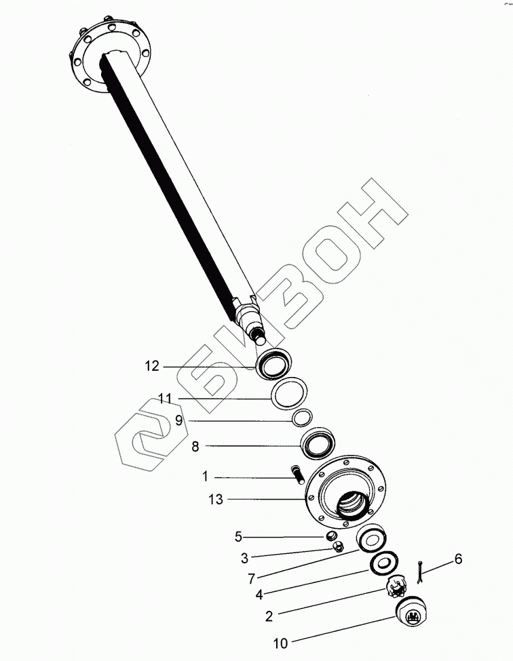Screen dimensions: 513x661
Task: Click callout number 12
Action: pos(151,366)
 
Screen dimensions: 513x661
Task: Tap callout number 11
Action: pos(166,398)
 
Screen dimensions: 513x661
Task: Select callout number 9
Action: pos(179,420)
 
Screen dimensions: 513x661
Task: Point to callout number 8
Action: pos(195,446)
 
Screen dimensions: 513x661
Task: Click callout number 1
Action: pos(204,477)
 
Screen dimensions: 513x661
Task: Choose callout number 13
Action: pos(215,500)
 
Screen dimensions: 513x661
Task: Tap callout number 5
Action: pos(238,537)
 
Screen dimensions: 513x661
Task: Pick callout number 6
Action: pos(458,559)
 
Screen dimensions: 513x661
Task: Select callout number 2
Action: pos(269,616)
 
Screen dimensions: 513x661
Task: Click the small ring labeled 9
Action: pos(303,417)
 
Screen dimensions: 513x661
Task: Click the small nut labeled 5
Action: pos(333,537)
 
